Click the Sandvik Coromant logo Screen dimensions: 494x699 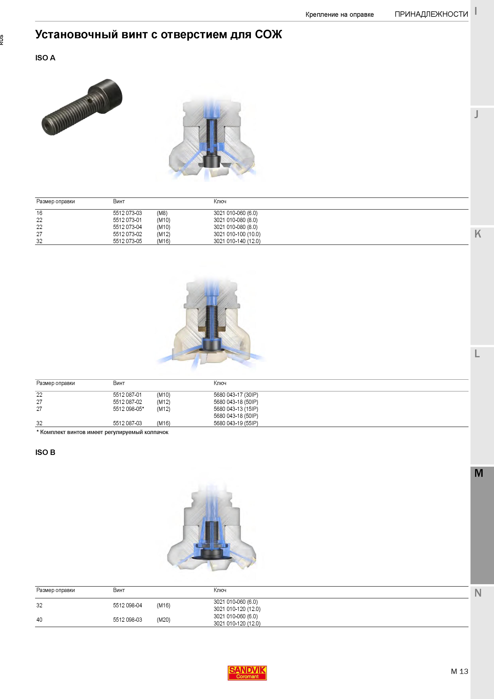[x=247, y=673]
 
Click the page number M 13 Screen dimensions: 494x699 [x=459, y=671]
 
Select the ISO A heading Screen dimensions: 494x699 [x=45, y=58]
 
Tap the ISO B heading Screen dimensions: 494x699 [x=45, y=452]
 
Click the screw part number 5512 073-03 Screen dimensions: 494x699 [x=128, y=213]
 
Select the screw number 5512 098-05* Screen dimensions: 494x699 [x=129, y=409]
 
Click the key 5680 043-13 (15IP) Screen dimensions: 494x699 [x=236, y=409]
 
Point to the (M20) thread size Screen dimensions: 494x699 [x=163, y=620]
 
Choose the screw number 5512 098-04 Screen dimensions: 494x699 [x=128, y=606]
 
